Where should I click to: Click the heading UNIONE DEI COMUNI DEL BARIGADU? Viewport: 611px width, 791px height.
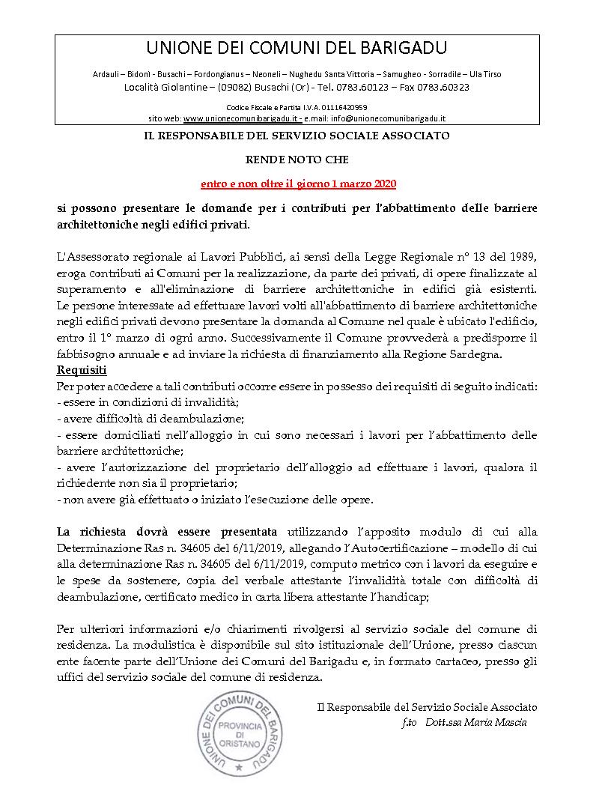(297, 49)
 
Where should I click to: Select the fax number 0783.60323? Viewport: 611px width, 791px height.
(444, 87)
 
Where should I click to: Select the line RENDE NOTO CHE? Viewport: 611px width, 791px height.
(297, 160)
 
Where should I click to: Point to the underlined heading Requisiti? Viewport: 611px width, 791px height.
(82, 370)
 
